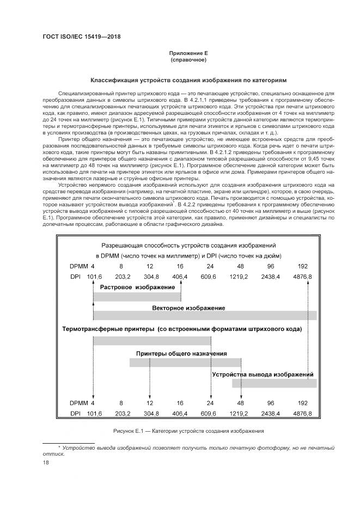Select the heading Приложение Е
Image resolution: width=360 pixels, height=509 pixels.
point(188,53)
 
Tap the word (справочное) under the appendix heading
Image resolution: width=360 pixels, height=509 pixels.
point(188,60)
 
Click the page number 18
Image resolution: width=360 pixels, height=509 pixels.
point(46,462)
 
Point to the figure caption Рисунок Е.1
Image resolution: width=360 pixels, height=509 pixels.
point(188,431)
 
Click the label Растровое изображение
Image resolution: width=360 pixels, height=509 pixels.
point(137,286)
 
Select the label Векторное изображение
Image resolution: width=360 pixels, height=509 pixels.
point(188,308)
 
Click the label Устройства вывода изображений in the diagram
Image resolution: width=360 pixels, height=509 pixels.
point(263,374)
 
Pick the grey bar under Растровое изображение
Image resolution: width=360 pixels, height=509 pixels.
point(137,296)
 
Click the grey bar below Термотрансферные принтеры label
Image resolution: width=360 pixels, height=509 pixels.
point(152,341)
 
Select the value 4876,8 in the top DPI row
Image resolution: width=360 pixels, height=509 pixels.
point(302,277)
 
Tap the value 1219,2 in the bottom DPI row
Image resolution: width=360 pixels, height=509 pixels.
point(239,414)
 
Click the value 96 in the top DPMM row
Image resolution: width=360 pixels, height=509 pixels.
point(270,266)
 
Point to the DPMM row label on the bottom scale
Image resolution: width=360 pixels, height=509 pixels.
point(78,403)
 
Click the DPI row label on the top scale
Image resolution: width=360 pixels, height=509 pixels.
point(76,277)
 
